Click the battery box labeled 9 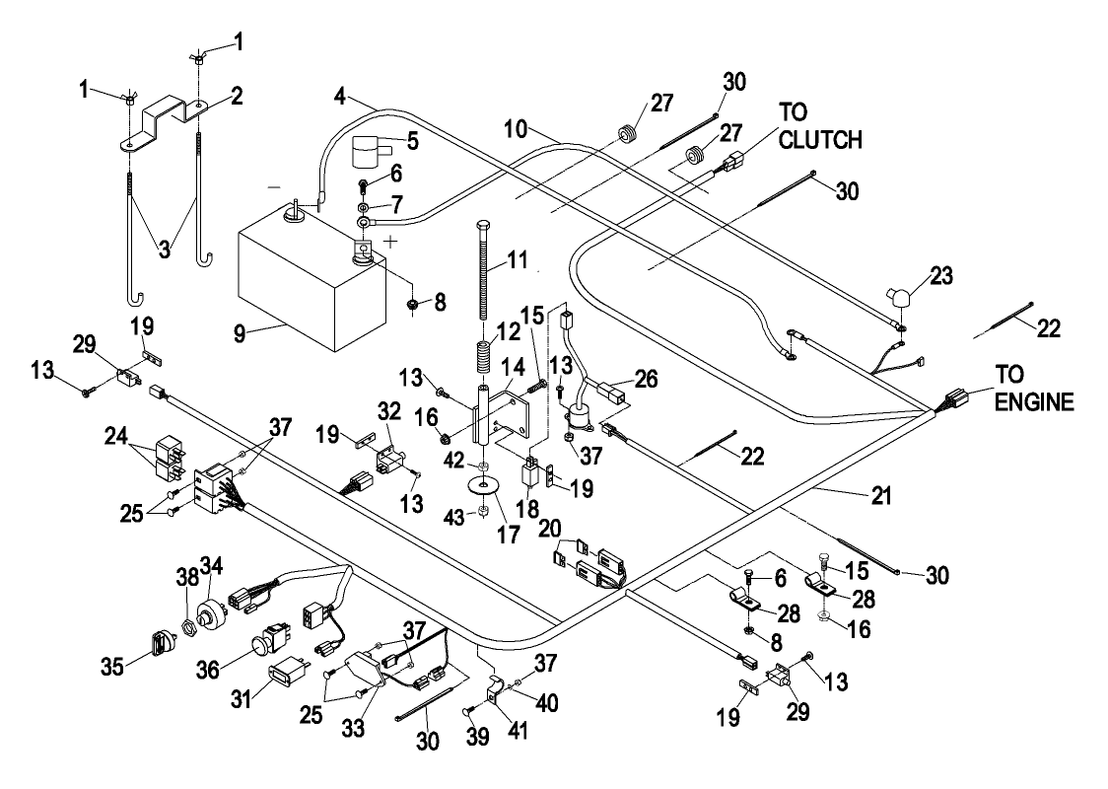point(311,283)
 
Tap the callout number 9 point(241,332)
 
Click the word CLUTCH point(820,139)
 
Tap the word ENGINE point(1034,401)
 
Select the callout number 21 point(880,495)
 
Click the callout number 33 point(353,727)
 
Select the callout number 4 point(341,96)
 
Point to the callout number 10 point(516,128)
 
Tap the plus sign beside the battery point(390,241)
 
